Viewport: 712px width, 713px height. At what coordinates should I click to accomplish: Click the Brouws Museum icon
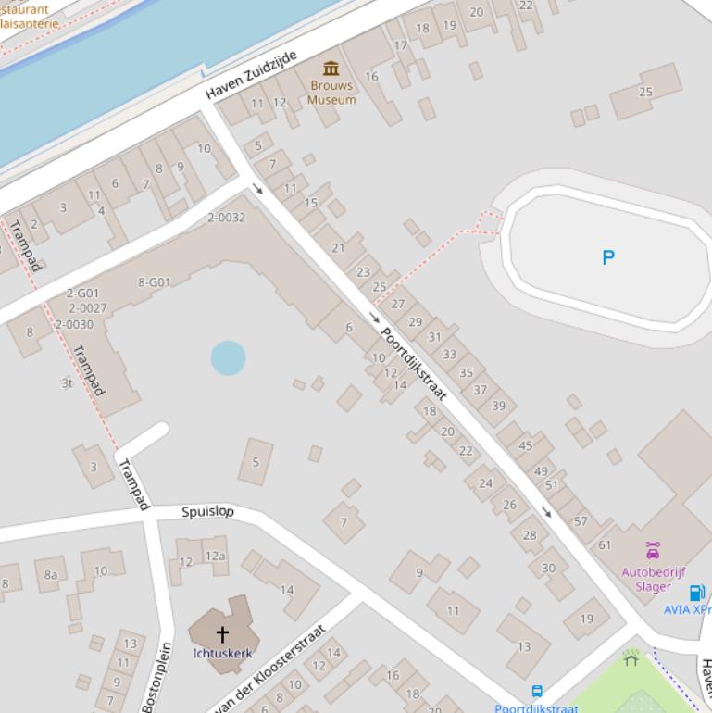click(x=331, y=69)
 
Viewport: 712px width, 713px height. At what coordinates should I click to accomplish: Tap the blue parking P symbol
click(x=607, y=257)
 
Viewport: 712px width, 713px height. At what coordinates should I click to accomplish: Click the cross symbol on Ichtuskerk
click(x=222, y=634)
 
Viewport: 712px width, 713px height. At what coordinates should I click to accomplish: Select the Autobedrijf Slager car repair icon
click(x=653, y=551)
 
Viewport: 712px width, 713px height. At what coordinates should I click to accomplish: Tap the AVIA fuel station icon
click(x=696, y=593)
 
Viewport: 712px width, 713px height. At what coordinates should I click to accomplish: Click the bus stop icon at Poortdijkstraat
click(x=536, y=692)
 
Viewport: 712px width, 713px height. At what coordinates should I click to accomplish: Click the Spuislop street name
click(x=207, y=511)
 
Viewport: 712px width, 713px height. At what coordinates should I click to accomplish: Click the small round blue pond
click(x=228, y=358)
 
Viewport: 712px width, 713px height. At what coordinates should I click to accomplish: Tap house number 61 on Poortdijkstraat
click(x=605, y=544)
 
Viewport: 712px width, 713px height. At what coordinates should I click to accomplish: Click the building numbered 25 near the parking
click(x=645, y=92)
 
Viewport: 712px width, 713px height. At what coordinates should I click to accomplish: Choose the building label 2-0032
click(x=226, y=218)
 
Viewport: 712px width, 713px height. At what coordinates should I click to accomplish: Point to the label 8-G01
click(x=154, y=282)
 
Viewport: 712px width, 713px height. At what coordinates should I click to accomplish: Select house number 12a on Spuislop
click(x=215, y=556)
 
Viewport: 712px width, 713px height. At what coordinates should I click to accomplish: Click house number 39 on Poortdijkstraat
click(x=498, y=406)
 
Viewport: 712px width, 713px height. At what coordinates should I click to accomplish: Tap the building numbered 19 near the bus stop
click(x=587, y=619)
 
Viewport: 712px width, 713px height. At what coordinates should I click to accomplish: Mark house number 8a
click(x=51, y=574)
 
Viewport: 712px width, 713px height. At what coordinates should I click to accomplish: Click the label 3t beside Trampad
click(x=67, y=382)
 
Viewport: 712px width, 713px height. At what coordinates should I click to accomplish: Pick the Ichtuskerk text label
click(x=222, y=653)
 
